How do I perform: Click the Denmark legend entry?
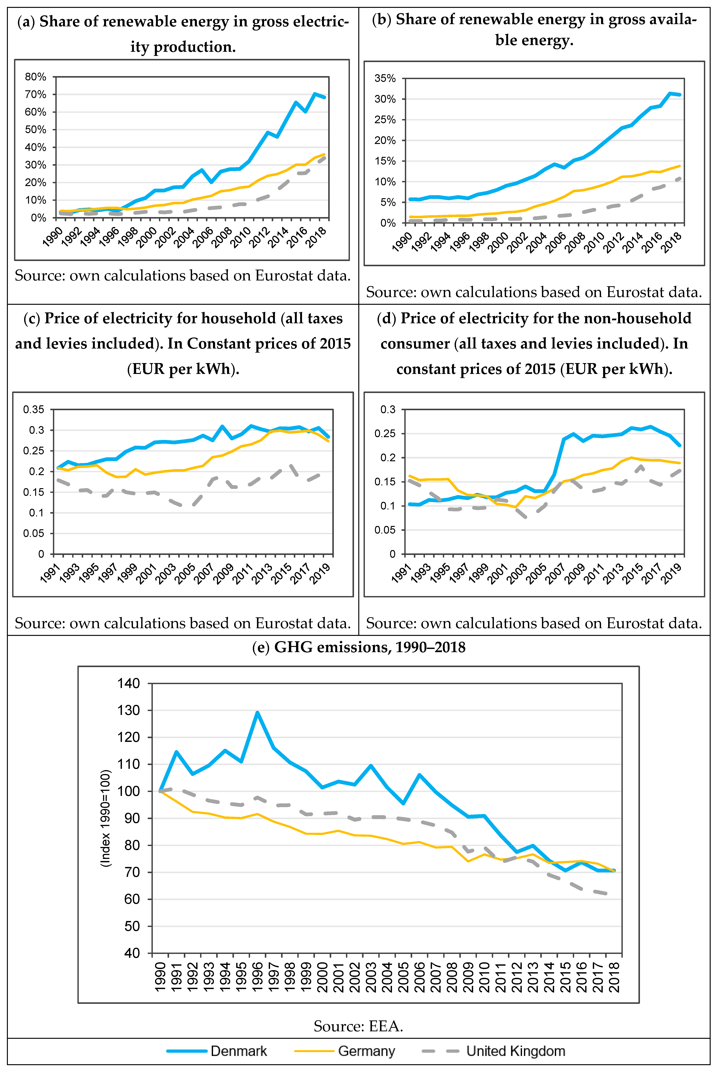(238, 1051)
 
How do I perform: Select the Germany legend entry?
(366, 1051)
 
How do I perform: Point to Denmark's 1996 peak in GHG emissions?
(258, 712)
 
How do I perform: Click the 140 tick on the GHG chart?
(128, 684)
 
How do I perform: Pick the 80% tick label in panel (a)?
(36, 77)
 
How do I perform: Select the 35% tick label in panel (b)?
(385, 78)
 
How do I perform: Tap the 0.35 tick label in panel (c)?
(34, 409)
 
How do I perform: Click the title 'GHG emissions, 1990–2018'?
(370, 647)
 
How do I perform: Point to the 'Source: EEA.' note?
(358, 1026)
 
